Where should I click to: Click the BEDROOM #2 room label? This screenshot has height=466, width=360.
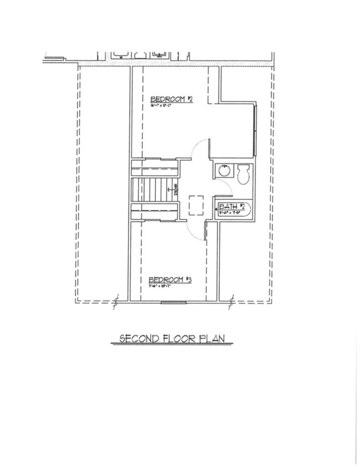(172, 100)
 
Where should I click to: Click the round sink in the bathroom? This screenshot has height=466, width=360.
(223, 170)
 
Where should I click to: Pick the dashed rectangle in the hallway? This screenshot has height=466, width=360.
(196, 204)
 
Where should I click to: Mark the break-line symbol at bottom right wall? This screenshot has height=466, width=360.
(232, 302)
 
